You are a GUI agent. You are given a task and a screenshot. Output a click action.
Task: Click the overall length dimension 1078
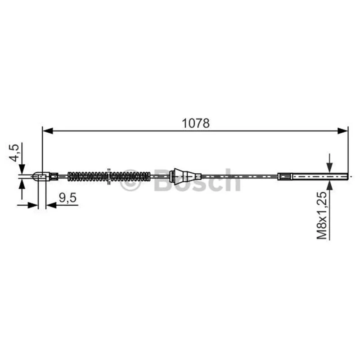coord(196,123)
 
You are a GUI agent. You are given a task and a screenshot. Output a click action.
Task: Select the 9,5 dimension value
coord(67,198)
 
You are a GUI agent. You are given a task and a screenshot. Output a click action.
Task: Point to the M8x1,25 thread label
coord(322,216)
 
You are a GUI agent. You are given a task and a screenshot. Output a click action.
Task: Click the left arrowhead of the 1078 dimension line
coord(48,131)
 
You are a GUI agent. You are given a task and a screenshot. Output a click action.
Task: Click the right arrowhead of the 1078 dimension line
coord(343,131)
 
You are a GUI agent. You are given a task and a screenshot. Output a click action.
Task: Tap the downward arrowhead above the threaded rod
coord(330,167)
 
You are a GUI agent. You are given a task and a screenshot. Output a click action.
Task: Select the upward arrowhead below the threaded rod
coord(330,185)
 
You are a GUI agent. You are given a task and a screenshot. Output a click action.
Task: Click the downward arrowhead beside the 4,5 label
coord(22,169)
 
